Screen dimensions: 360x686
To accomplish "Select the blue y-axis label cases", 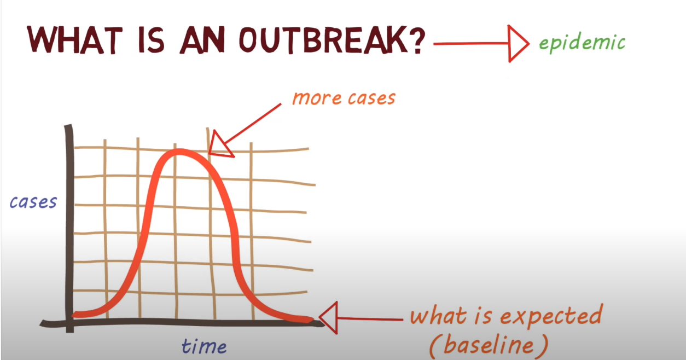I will coord(33,202).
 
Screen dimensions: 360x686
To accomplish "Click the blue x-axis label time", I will coord(204,346).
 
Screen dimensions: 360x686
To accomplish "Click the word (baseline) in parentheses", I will coord(488,345).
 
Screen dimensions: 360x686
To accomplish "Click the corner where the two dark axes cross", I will coord(69,323).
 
